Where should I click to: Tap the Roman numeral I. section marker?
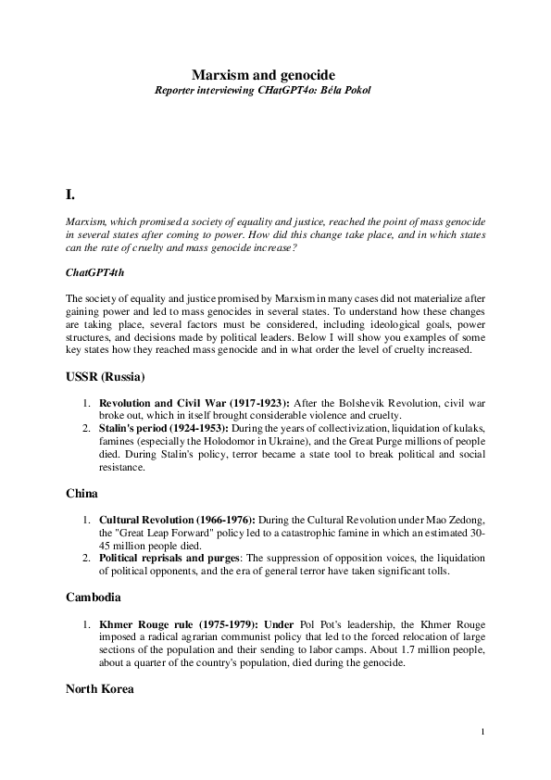pos(70,195)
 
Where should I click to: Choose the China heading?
pos(82,495)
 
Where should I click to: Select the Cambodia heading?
pos(95,598)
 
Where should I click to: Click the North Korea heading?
pos(100,689)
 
